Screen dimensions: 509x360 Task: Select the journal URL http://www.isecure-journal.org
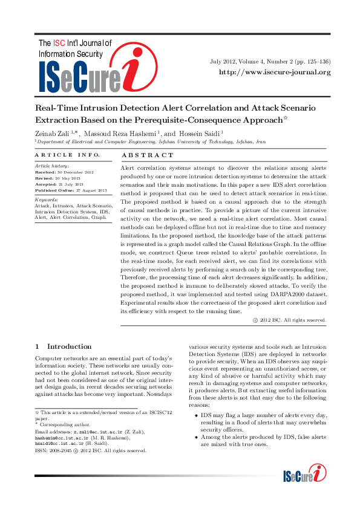pyautogui.click(x=274, y=73)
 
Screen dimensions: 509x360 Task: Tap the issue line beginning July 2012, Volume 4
pyautogui.click(x=270, y=62)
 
